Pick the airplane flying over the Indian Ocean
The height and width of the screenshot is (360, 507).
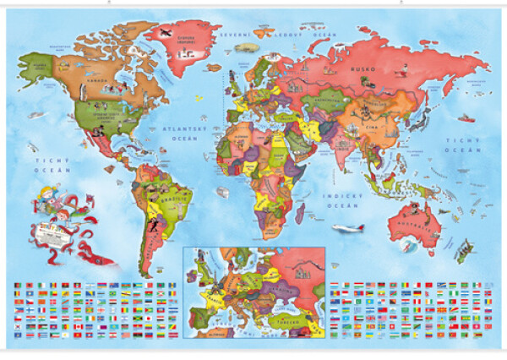[x=347, y=228]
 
